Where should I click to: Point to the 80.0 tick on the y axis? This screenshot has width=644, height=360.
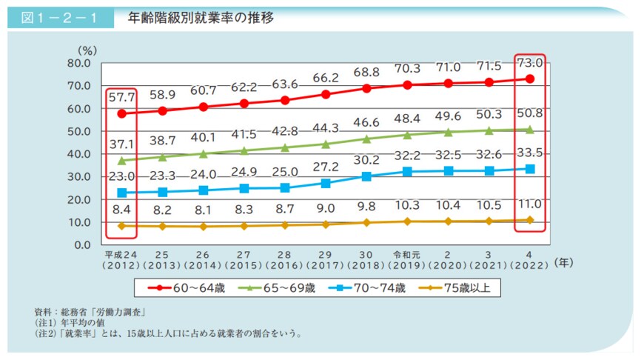(x=77, y=63)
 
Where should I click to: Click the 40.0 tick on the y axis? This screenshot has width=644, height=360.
(x=77, y=154)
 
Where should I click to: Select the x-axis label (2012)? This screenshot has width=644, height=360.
(x=121, y=264)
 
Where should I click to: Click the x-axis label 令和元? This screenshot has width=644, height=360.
(x=407, y=253)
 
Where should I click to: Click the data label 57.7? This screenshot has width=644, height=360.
(x=121, y=97)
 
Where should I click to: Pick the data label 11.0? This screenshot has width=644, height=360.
(x=530, y=204)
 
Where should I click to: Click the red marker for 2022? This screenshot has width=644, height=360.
(x=530, y=79)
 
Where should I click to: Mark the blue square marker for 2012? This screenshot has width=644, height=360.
(x=121, y=193)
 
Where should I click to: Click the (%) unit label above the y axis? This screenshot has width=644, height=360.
(x=87, y=50)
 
